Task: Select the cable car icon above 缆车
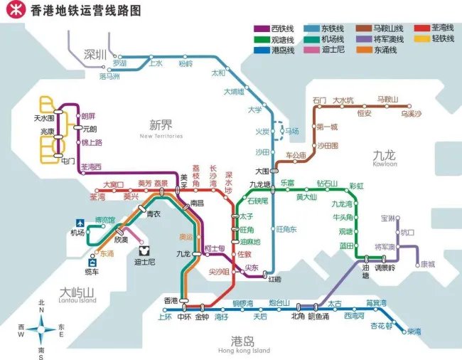(x=92, y=262)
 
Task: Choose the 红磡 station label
(x=273, y=278)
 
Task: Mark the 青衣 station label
(x=154, y=213)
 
